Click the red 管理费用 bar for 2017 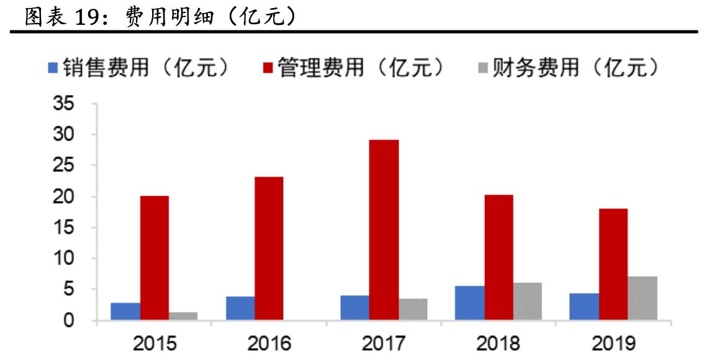[384, 230]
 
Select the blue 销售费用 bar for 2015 [126, 312]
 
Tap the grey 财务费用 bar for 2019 [642, 299]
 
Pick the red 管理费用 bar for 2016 [269, 249]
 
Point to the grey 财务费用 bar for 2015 [183, 316]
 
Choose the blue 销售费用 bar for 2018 [470, 304]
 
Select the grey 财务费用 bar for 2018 [527, 302]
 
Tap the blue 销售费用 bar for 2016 [240, 308]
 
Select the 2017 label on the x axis [384, 342]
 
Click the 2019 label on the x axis [613, 342]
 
